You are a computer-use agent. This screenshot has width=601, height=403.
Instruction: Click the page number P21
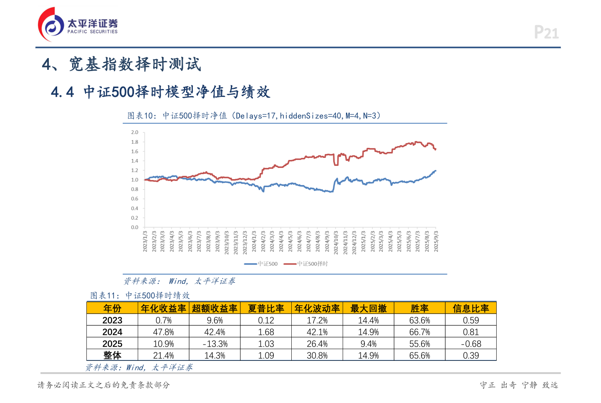[x=546, y=33]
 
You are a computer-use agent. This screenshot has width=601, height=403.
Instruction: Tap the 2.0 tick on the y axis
[x=134, y=132]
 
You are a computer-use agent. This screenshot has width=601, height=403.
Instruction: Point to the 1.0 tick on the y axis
[x=134, y=180]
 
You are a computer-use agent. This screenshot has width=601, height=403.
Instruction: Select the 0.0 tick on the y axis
[x=134, y=228]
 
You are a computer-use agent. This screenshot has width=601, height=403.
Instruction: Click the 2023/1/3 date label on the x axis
[x=145, y=241]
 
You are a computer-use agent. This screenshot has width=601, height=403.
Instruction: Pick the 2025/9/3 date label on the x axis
[x=436, y=241]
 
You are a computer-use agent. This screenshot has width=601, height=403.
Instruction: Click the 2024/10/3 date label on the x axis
[x=336, y=242]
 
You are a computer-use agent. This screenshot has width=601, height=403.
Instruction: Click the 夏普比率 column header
[x=266, y=308]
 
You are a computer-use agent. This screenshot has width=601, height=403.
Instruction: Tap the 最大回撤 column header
[x=369, y=308]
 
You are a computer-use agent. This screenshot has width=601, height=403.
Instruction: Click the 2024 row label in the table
[x=112, y=332]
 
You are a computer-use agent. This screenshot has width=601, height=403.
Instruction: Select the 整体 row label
[x=112, y=355]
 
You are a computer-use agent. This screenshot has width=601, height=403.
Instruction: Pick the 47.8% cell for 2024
[x=164, y=332]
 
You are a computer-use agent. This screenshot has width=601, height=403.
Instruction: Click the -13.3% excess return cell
[x=215, y=344]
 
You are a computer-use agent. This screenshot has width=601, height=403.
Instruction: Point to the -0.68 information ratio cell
[x=471, y=344]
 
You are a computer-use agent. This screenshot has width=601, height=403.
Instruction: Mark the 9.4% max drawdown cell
[x=369, y=344]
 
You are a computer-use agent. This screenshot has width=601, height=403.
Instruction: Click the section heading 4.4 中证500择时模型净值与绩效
[x=161, y=92]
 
